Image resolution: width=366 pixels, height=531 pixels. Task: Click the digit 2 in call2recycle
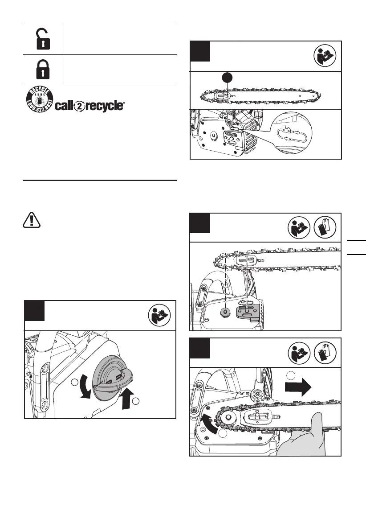[80, 107]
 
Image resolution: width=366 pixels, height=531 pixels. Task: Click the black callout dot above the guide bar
[227, 78]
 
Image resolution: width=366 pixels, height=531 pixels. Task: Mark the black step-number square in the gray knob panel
[34, 311]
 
